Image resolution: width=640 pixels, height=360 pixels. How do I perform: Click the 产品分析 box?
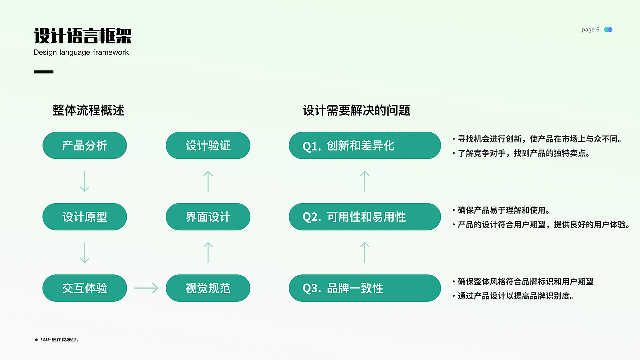click(x=85, y=145)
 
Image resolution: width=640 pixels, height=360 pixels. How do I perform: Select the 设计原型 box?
click(x=85, y=217)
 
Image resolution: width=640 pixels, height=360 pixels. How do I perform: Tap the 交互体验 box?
click(x=85, y=288)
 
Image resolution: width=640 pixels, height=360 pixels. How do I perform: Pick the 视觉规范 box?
click(x=208, y=288)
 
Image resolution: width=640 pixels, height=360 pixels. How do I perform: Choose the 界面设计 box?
click(x=208, y=217)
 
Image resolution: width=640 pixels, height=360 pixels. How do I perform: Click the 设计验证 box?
click(x=208, y=145)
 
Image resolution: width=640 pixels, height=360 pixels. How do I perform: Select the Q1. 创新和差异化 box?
click(x=365, y=145)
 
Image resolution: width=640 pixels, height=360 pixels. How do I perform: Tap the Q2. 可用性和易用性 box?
click(x=365, y=217)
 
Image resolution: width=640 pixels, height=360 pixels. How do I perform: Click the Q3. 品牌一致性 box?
click(x=365, y=288)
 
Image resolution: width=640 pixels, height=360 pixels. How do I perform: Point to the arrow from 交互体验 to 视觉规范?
click(x=146, y=288)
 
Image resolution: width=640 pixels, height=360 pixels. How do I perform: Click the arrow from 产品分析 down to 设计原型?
click(x=85, y=181)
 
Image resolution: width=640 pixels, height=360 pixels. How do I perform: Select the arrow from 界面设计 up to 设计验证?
click(x=208, y=181)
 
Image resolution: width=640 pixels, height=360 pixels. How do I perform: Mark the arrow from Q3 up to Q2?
click(x=365, y=252)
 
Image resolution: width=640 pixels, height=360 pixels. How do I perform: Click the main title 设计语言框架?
click(x=83, y=36)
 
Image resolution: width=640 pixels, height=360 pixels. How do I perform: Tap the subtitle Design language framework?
click(x=81, y=52)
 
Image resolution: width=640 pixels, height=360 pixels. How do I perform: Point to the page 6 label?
click(x=590, y=30)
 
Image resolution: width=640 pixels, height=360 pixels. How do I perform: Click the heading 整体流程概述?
click(x=88, y=110)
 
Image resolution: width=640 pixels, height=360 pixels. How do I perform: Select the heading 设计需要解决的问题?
click(x=356, y=110)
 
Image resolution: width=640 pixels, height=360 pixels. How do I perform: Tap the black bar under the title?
click(x=43, y=72)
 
